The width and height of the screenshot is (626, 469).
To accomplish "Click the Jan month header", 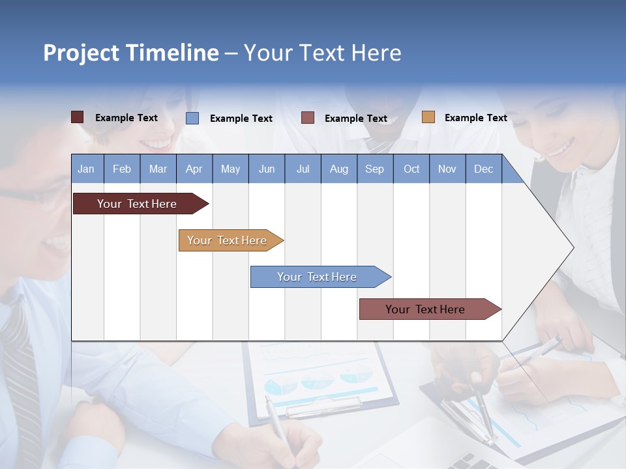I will [x=86, y=169].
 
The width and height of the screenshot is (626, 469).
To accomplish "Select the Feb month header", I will [x=122, y=169].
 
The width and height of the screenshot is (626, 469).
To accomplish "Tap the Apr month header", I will [x=194, y=169].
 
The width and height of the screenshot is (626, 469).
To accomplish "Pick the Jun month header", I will [x=267, y=169].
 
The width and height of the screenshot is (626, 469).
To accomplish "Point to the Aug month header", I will [x=338, y=169].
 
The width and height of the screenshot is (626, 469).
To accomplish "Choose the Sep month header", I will [x=374, y=169].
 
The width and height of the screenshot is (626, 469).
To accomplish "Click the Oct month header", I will [x=411, y=169].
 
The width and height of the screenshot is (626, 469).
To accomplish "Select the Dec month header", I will [x=483, y=169].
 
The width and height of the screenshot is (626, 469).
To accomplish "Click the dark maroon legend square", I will [x=77, y=117].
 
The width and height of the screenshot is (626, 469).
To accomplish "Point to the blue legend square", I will [x=192, y=118].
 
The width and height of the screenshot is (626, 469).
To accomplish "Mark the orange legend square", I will [x=428, y=117].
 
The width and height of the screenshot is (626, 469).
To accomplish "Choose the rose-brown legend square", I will [x=308, y=118].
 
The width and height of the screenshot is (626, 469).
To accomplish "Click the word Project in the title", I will [x=82, y=53].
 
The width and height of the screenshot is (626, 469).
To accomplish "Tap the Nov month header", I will [x=447, y=169].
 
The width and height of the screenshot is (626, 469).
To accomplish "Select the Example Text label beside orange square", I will [x=475, y=118].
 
